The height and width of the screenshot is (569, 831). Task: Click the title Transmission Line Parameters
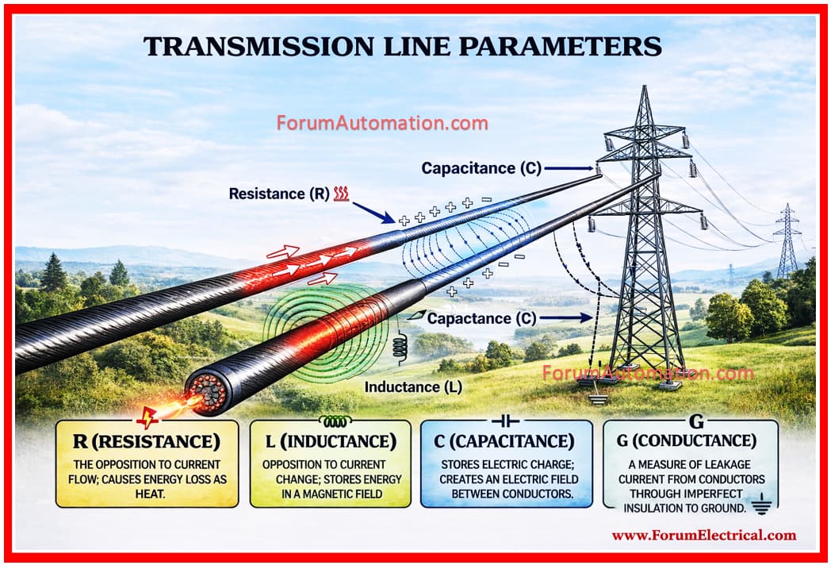point(402,46)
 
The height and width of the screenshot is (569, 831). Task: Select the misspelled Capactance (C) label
point(481,318)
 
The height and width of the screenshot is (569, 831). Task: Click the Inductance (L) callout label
point(412,386)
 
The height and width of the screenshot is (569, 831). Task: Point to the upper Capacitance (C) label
point(480,168)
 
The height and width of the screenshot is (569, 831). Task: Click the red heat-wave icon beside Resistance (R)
point(342,193)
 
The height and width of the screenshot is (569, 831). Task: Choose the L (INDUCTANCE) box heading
point(329,440)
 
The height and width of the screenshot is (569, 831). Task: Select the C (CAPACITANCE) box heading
point(506,440)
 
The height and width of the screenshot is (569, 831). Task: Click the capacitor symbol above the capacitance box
point(506,420)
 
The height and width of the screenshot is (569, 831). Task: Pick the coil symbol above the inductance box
point(329,420)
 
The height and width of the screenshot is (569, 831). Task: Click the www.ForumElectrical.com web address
point(703,535)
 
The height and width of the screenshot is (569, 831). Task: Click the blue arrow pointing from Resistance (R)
point(373,212)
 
